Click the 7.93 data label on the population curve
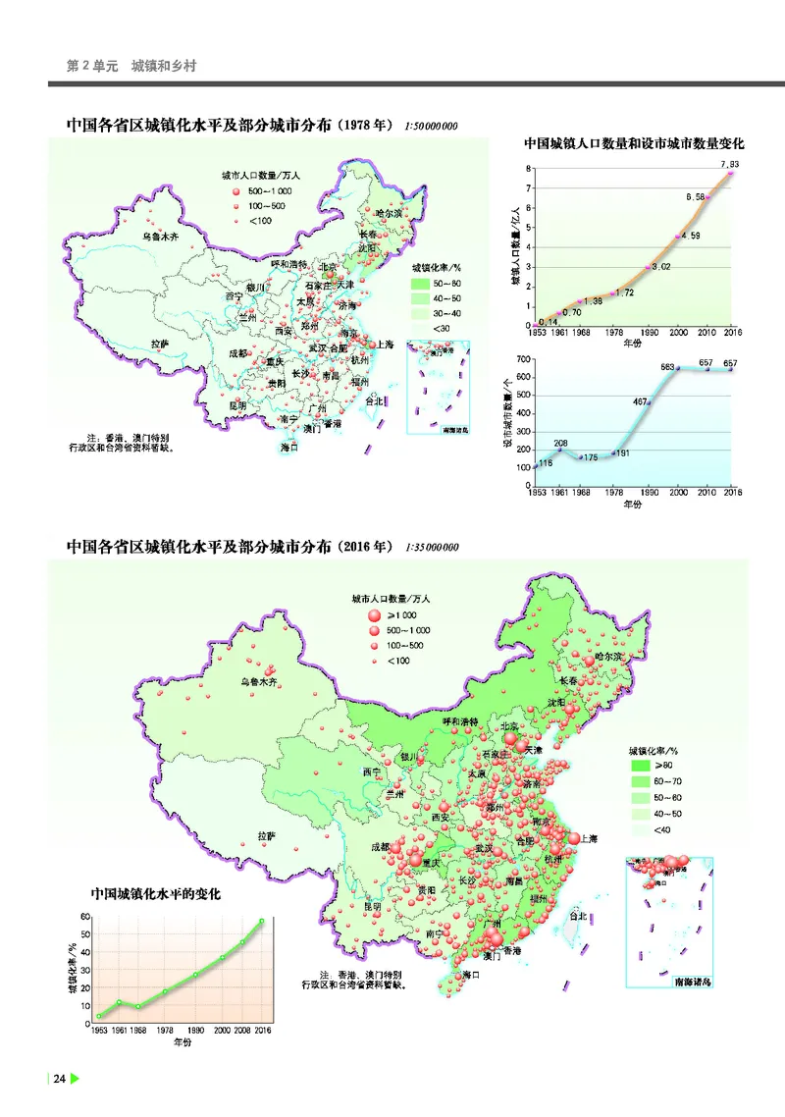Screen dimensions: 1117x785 click(728, 163)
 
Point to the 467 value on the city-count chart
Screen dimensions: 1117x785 click(641, 401)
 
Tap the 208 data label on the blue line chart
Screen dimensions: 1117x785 click(560, 444)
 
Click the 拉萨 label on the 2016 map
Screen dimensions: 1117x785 click(267, 836)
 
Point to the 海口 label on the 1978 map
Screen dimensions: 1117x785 click(288, 447)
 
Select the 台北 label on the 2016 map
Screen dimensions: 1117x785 click(578, 916)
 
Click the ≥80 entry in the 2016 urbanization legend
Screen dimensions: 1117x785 click(663, 765)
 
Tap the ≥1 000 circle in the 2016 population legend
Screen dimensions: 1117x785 click(373, 615)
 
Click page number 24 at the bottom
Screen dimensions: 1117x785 click(59, 1079)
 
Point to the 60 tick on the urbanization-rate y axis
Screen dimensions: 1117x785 click(85, 917)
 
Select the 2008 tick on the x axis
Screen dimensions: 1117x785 click(241, 1030)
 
